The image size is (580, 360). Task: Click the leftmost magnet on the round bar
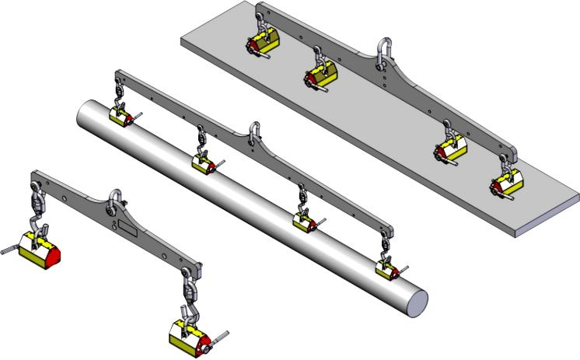(121, 117)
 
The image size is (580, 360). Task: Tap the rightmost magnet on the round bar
(386, 268)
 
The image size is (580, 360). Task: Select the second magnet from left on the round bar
(204, 163)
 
